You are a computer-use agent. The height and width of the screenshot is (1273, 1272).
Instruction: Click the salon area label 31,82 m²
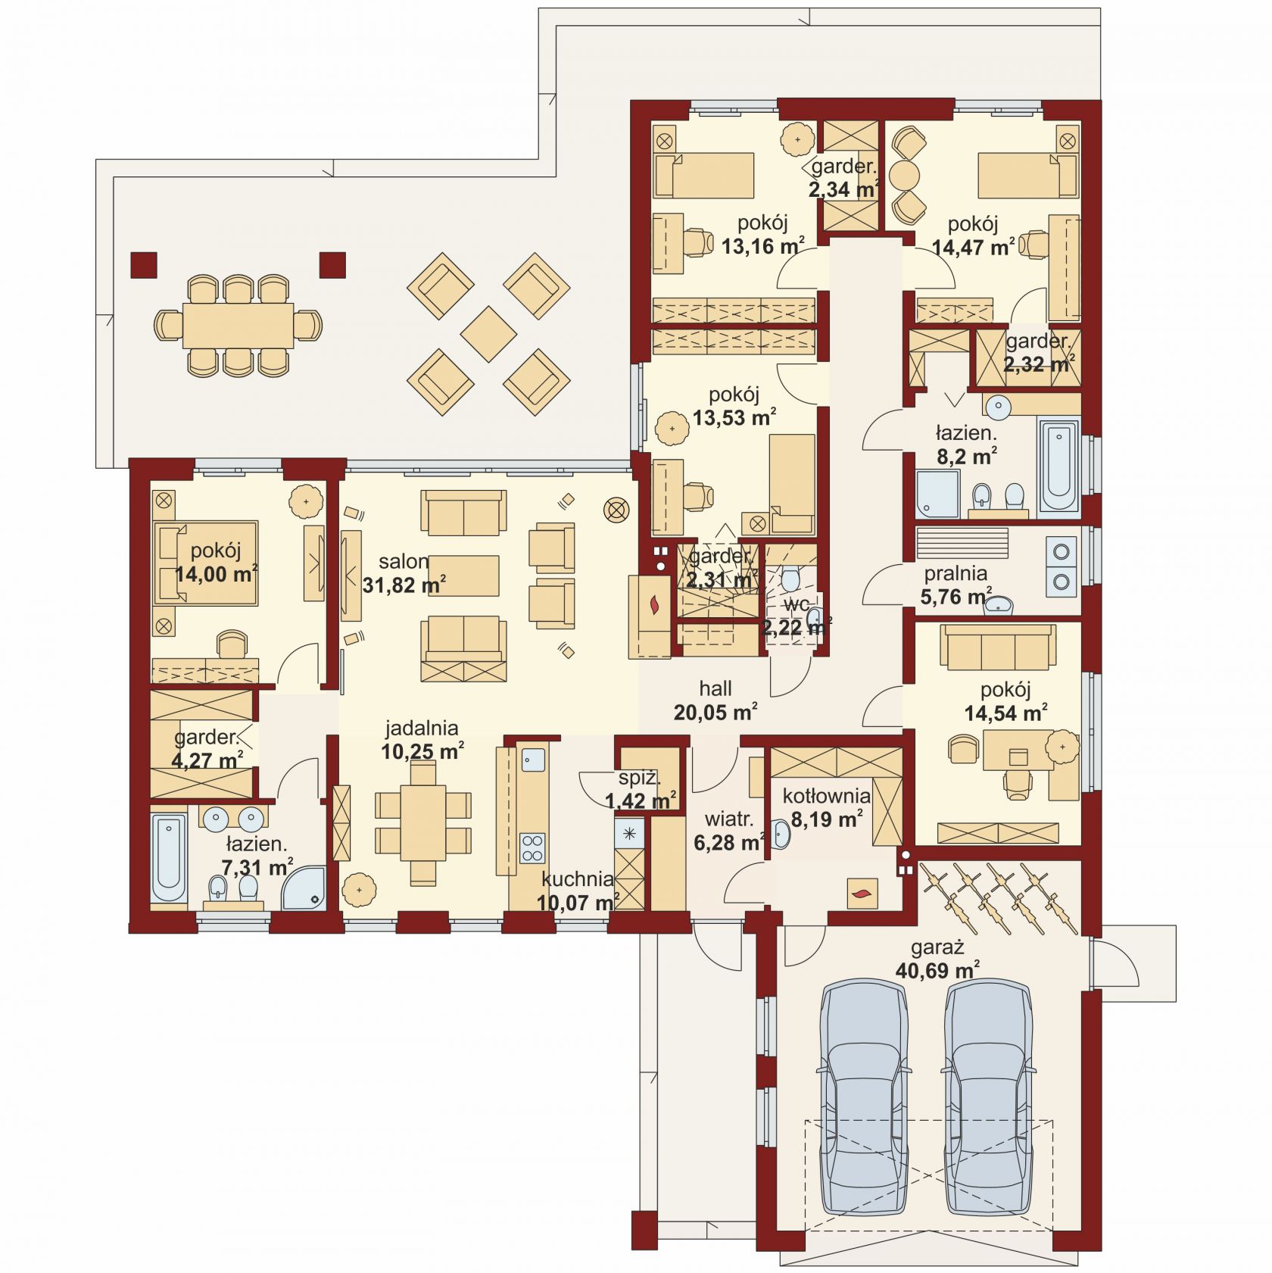point(404,585)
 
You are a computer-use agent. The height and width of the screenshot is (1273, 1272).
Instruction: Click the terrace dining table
point(238,325)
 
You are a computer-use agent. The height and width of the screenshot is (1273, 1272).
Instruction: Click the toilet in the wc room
point(790,578)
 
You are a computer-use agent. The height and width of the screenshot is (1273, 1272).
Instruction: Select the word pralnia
point(956,573)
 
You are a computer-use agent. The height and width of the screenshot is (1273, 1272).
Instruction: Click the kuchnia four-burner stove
point(532,847)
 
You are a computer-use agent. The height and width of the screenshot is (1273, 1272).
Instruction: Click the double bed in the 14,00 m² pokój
point(206,562)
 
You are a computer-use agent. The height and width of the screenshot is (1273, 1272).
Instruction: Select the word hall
point(715,688)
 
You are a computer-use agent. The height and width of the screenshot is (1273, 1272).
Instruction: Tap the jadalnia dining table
point(423,822)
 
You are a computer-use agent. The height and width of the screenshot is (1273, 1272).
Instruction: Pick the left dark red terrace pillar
point(144,265)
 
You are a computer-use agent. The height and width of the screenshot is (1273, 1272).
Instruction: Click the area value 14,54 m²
point(1005,713)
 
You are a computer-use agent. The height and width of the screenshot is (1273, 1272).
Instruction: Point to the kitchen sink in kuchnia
point(532,759)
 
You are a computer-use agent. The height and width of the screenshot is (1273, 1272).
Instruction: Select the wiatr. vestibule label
point(729,819)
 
